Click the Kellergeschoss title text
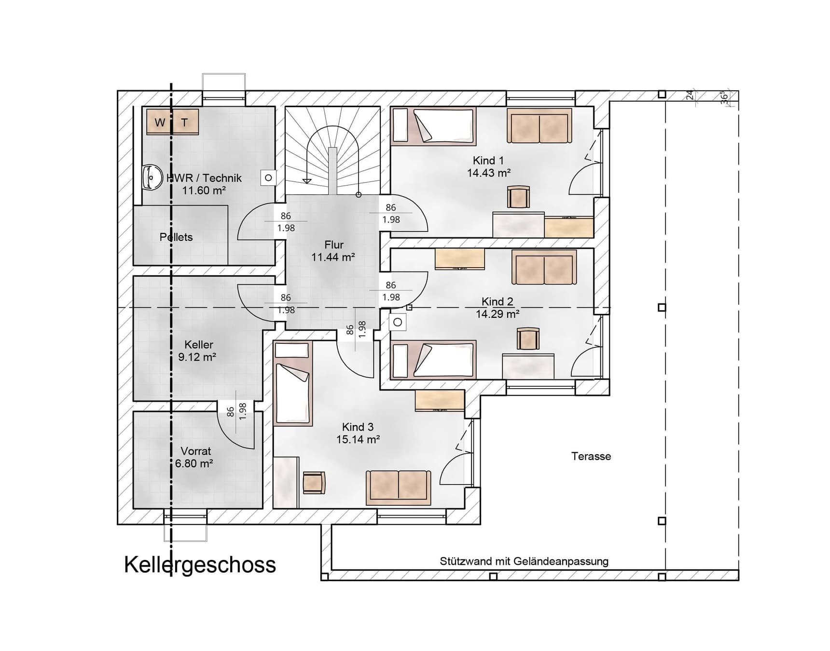(x=200, y=565)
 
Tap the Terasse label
(x=591, y=456)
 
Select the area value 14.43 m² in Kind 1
(x=488, y=173)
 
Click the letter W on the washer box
(x=160, y=122)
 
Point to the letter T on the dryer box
(x=184, y=122)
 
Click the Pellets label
(x=176, y=237)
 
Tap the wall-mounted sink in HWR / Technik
(x=152, y=177)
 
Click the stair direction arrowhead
(x=306, y=181)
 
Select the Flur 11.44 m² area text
(x=333, y=257)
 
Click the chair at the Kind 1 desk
(x=518, y=197)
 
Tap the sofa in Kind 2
(x=544, y=268)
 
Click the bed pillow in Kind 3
(x=291, y=350)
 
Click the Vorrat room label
(x=195, y=451)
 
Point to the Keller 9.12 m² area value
(x=197, y=357)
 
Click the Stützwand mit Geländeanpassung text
(x=524, y=561)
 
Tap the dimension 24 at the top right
(x=690, y=95)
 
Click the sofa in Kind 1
(x=539, y=126)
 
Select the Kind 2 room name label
(x=497, y=301)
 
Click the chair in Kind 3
(x=314, y=482)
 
